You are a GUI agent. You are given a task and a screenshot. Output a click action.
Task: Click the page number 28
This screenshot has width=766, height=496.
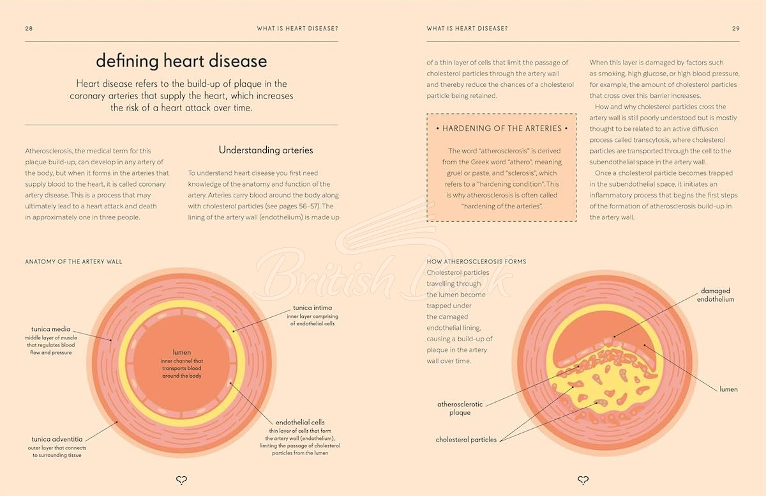click(29, 28)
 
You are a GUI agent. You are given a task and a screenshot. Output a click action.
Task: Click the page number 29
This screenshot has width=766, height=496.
click(736, 28)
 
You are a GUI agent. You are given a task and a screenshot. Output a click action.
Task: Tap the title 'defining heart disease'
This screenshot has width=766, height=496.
click(181, 61)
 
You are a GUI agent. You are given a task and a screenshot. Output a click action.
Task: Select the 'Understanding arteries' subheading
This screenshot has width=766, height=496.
click(266, 150)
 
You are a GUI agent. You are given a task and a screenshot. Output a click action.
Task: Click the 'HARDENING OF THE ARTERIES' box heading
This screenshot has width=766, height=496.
click(502, 128)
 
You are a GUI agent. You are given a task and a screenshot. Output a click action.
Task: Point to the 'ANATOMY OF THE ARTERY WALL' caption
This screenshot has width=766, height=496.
click(73, 261)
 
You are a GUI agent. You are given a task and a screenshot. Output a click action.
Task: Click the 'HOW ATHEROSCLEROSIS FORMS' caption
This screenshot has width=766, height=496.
click(476, 261)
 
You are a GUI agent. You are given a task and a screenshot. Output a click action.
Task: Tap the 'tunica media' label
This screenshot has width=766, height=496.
click(50, 329)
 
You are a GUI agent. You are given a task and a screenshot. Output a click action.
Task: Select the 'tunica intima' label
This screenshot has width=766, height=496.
click(312, 307)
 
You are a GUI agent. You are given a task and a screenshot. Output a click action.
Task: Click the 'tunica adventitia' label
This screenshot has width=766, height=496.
click(57, 439)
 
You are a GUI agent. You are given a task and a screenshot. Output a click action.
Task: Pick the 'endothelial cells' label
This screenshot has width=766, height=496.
click(300, 422)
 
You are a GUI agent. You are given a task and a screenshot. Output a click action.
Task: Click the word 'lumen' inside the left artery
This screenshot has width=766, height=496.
click(181, 352)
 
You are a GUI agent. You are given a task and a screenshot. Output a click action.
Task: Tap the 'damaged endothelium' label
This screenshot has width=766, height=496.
click(716, 295)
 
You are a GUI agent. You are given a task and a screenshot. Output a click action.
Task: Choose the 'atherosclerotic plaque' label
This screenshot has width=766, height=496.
click(460, 408)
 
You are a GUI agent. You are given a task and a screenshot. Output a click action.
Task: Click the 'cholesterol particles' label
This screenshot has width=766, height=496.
click(466, 440)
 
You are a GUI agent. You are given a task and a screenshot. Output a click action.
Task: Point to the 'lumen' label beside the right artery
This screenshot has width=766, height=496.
click(728, 389)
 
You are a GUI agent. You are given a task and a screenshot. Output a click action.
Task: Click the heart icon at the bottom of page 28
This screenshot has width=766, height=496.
click(181, 480)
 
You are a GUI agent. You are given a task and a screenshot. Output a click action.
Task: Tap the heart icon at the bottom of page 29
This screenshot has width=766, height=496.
click(583, 480)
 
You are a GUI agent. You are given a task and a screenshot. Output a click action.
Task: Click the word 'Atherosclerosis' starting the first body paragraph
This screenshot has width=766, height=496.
click(48, 151)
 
